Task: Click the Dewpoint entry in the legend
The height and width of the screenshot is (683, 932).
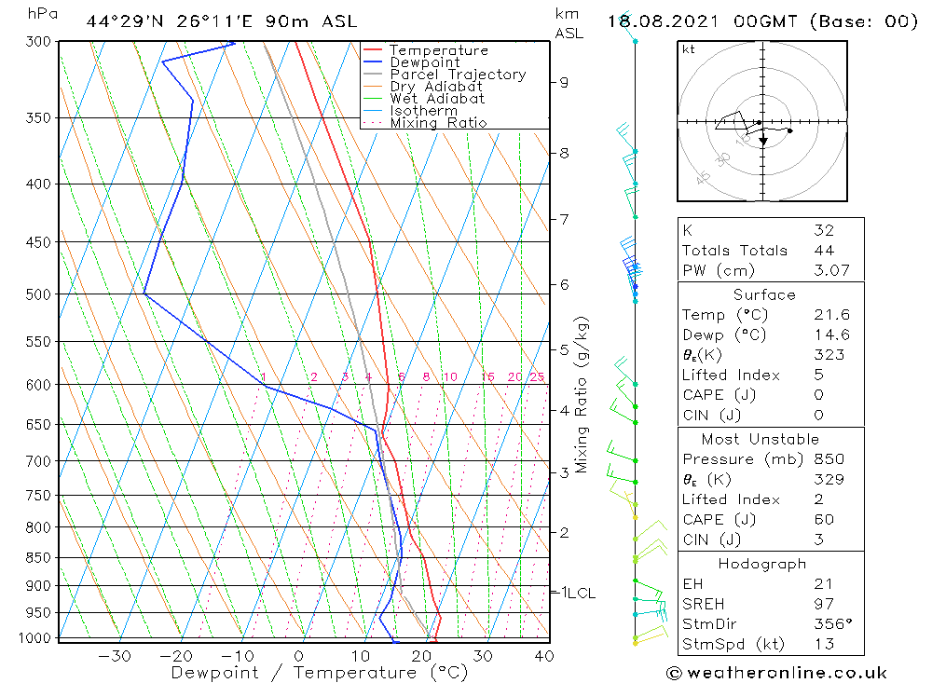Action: click(x=424, y=62)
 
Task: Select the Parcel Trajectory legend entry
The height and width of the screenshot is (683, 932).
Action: click(x=458, y=75)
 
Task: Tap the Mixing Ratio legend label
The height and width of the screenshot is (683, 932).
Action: click(x=438, y=122)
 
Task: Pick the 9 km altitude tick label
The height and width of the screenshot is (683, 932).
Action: click(x=564, y=82)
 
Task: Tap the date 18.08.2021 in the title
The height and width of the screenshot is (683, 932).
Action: click(x=671, y=21)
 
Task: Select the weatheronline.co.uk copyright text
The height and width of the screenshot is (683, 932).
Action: click(x=776, y=673)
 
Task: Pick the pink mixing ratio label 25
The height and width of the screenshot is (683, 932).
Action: click(x=537, y=377)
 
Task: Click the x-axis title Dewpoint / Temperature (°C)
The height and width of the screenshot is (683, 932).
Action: click(x=319, y=672)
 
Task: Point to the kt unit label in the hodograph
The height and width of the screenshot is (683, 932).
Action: click(x=689, y=49)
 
